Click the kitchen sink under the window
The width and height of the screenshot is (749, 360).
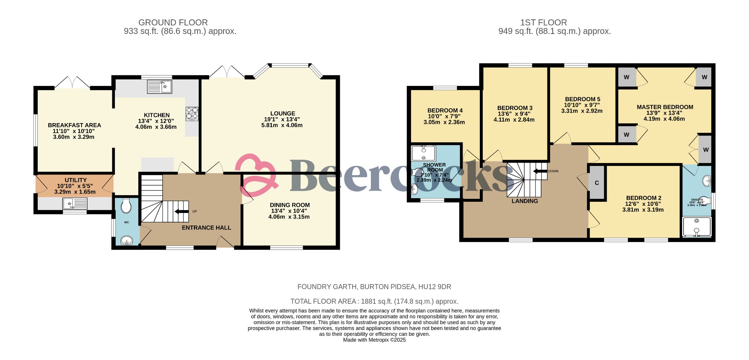pyautogui.click(x=159, y=87)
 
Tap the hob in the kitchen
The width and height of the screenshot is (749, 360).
pyautogui.click(x=192, y=113)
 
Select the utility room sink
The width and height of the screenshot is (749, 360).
pyautogui.click(x=75, y=203)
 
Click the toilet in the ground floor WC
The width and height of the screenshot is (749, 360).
pyautogui.click(x=126, y=206)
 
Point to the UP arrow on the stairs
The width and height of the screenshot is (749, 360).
pyautogui.click(x=181, y=211)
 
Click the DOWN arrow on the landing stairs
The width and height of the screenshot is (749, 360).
pyautogui.click(x=540, y=171)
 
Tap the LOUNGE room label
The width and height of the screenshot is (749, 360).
pyautogui.click(x=282, y=114)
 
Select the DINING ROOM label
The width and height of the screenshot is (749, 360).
pyautogui.click(x=290, y=205)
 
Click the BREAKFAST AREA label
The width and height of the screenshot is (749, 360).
pyautogui.click(x=74, y=125)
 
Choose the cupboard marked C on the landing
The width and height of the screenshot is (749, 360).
pyautogui.click(x=596, y=183)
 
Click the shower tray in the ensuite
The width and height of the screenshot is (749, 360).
pyautogui.click(x=697, y=227)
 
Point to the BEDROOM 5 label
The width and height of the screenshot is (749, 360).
pyautogui.click(x=582, y=99)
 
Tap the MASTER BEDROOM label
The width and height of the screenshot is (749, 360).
pyautogui.click(x=665, y=107)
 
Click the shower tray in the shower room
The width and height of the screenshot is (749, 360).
pyautogui.click(x=423, y=153)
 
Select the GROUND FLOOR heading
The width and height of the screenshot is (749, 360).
pyautogui.click(x=173, y=23)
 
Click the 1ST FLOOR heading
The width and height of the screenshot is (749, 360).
pyautogui.click(x=543, y=23)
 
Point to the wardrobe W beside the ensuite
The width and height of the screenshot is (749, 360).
pyautogui.click(x=705, y=149)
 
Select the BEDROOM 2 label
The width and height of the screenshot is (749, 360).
pyautogui.click(x=643, y=198)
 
